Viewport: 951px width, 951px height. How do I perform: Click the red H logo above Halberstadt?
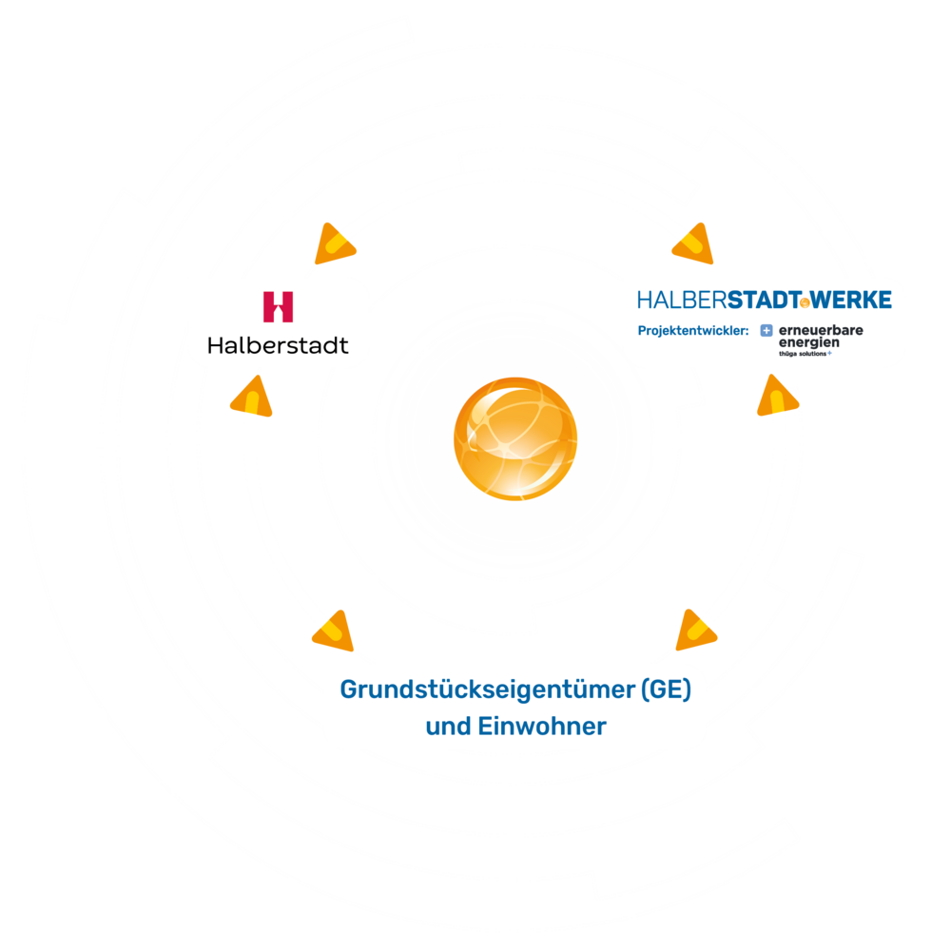278,306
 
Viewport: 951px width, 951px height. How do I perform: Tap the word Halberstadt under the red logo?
278,344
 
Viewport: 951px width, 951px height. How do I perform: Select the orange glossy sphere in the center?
514,437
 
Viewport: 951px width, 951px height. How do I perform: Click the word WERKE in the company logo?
852,301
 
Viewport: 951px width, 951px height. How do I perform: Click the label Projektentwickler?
693,331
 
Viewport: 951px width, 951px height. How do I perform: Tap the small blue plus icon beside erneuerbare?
766,331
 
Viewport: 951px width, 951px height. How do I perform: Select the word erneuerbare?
821,330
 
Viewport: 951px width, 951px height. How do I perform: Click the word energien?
808,342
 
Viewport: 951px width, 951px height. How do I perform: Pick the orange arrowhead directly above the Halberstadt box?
333,244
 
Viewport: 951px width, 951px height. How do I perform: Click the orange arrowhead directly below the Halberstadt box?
251,397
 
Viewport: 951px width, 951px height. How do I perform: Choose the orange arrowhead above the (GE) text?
696,630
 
